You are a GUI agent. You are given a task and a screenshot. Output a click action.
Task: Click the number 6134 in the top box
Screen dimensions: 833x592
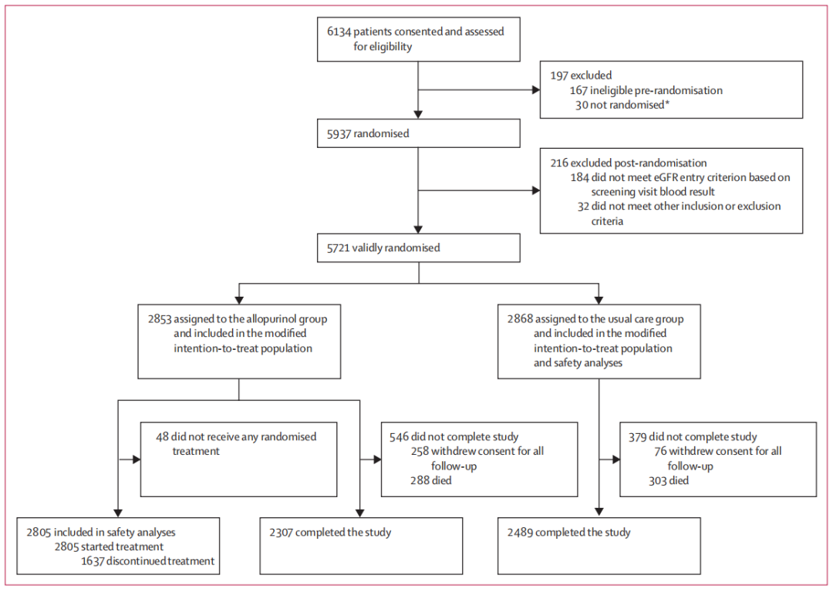(339, 32)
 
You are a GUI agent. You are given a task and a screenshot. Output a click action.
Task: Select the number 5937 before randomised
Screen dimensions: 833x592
(339, 134)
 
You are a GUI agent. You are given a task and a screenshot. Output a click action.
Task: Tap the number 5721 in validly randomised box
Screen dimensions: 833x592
(339, 248)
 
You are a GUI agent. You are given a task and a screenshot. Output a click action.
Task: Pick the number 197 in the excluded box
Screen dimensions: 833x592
(559, 76)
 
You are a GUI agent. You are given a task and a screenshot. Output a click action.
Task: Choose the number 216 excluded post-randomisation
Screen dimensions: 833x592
(559, 163)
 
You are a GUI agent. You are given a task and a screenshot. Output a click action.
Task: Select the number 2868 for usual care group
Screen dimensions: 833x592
(520, 319)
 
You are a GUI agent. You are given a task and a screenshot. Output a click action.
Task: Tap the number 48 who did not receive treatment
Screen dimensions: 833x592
(162, 437)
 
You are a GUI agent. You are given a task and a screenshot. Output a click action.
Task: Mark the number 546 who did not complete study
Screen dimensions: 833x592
(399, 437)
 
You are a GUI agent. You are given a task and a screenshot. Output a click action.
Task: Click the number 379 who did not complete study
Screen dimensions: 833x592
(638, 437)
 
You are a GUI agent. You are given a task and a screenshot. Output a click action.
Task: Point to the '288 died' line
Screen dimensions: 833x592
(431, 480)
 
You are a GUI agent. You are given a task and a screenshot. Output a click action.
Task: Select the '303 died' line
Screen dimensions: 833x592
(668, 480)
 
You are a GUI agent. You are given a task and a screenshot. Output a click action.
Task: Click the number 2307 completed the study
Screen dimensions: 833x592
(281, 533)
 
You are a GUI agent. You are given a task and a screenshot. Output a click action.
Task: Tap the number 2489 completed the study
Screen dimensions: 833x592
(520, 533)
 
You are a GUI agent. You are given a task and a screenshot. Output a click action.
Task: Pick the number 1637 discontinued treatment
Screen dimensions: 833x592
(93, 561)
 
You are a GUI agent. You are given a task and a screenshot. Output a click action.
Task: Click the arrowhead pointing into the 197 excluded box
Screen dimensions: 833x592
(536, 90)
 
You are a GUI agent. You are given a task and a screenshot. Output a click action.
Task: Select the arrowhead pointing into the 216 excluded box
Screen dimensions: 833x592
(536, 190)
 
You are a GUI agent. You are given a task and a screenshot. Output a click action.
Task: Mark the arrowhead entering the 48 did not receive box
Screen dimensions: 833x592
(137, 459)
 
